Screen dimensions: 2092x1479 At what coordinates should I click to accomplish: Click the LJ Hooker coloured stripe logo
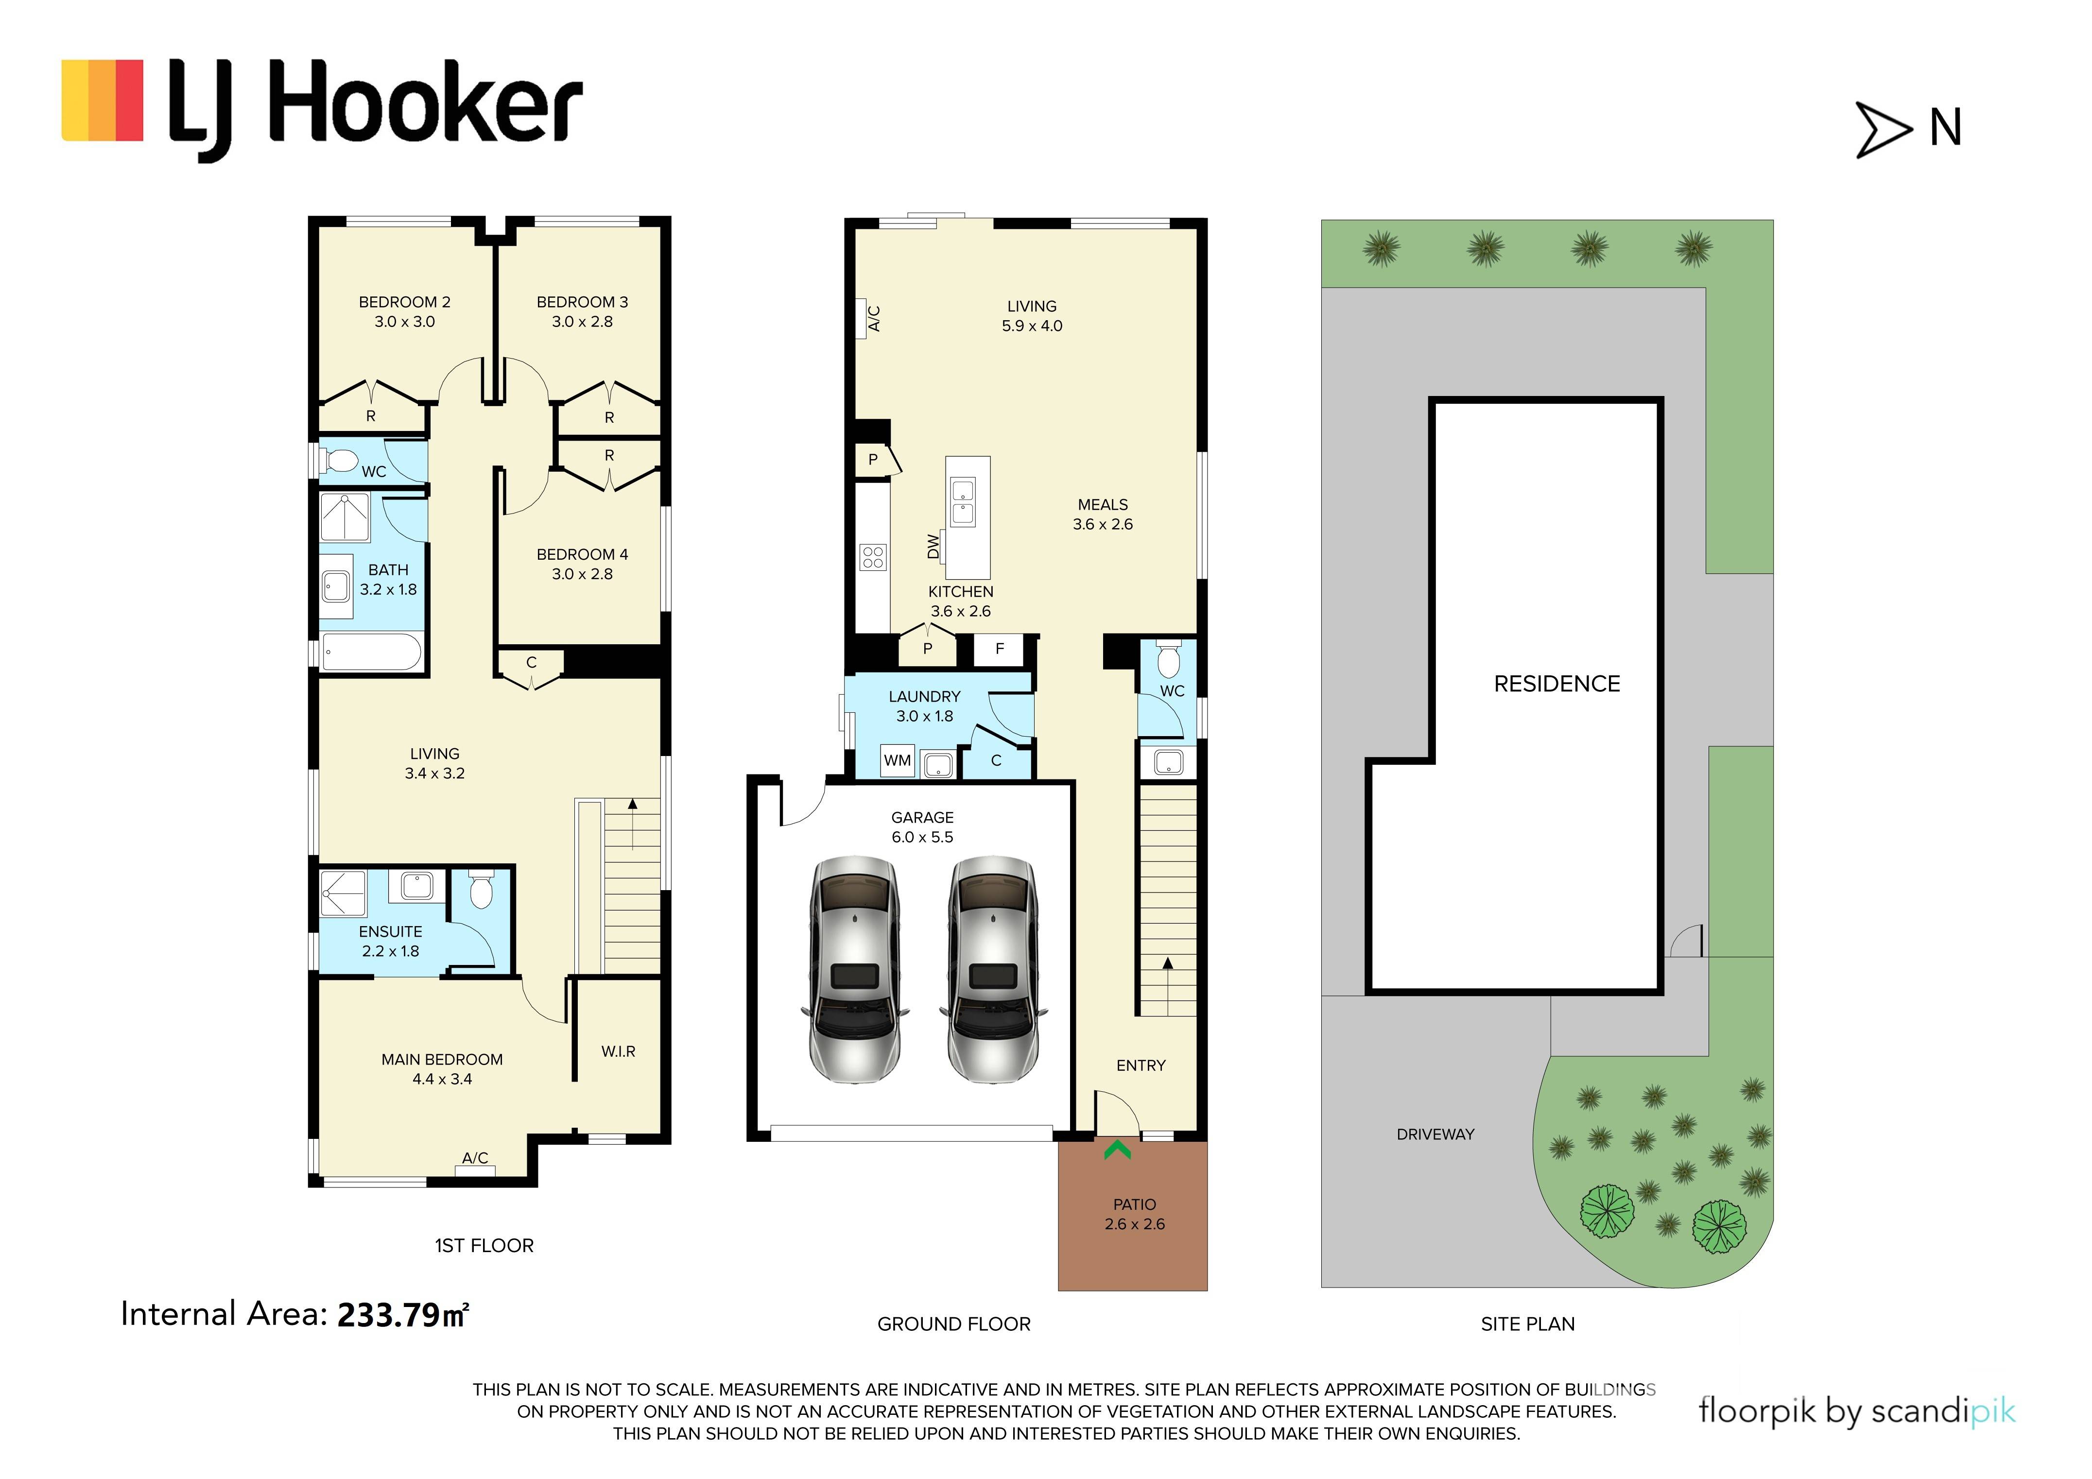[x=102, y=100]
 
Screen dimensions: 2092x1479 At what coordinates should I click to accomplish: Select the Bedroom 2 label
[x=404, y=302]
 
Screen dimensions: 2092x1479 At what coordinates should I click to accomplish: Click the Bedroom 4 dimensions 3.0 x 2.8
[x=582, y=574]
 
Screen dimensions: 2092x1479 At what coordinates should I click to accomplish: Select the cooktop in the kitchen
[x=873, y=557]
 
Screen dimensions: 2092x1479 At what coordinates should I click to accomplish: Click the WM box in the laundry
[x=898, y=760]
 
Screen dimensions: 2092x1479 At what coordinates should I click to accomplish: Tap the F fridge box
[x=1000, y=649]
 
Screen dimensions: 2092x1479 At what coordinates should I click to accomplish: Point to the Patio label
[x=1134, y=1204]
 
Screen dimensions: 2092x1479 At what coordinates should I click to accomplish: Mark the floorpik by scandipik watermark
[x=1857, y=1411]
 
